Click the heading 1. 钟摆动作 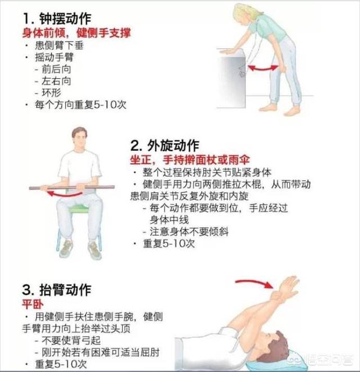pyautogui.click(x=57, y=19)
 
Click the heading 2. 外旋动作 pyautogui.click(x=165, y=145)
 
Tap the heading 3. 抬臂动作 pyautogui.click(x=57, y=290)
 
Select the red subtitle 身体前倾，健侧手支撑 pyautogui.click(x=76, y=33)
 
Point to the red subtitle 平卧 pyautogui.click(x=33, y=304)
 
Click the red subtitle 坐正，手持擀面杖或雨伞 pyautogui.click(x=190, y=160)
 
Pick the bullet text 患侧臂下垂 pyautogui.click(x=59, y=45)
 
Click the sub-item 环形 pyautogui.click(x=51, y=93)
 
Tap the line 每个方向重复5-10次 pyautogui.click(x=80, y=105)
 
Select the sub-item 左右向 pyautogui.click(x=56, y=81)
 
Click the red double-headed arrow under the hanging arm pyautogui.click(x=263, y=68)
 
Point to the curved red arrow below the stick pyautogui.click(x=65, y=194)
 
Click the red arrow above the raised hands pyautogui.click(x=254, y=283)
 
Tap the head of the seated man pyautogui.click(x=79, y=139)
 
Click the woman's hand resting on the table pyautogui.click(x=228, y=51)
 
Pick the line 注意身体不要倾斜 pyautogui.click(x=189, y=231)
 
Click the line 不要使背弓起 pyautogui.click(x=71, y=340)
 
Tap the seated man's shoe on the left pyautogui.click(x=66, y=249)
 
